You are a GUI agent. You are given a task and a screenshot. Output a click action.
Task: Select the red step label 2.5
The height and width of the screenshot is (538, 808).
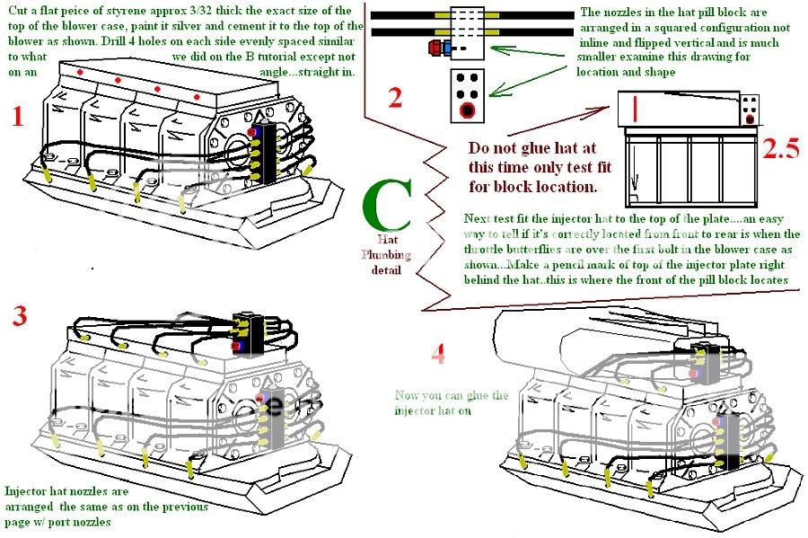click(x=779, y=147)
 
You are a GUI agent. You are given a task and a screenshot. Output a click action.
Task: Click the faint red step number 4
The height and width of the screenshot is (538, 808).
click(x=437, y=354)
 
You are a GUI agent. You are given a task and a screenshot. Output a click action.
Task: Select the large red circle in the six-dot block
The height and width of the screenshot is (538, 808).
click(x=466, y=111)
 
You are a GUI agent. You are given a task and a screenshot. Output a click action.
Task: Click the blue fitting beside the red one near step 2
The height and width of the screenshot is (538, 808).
click(x=448, y=46)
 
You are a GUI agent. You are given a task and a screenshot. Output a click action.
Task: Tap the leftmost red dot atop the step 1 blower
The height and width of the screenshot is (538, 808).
click(x=81, y=71)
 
